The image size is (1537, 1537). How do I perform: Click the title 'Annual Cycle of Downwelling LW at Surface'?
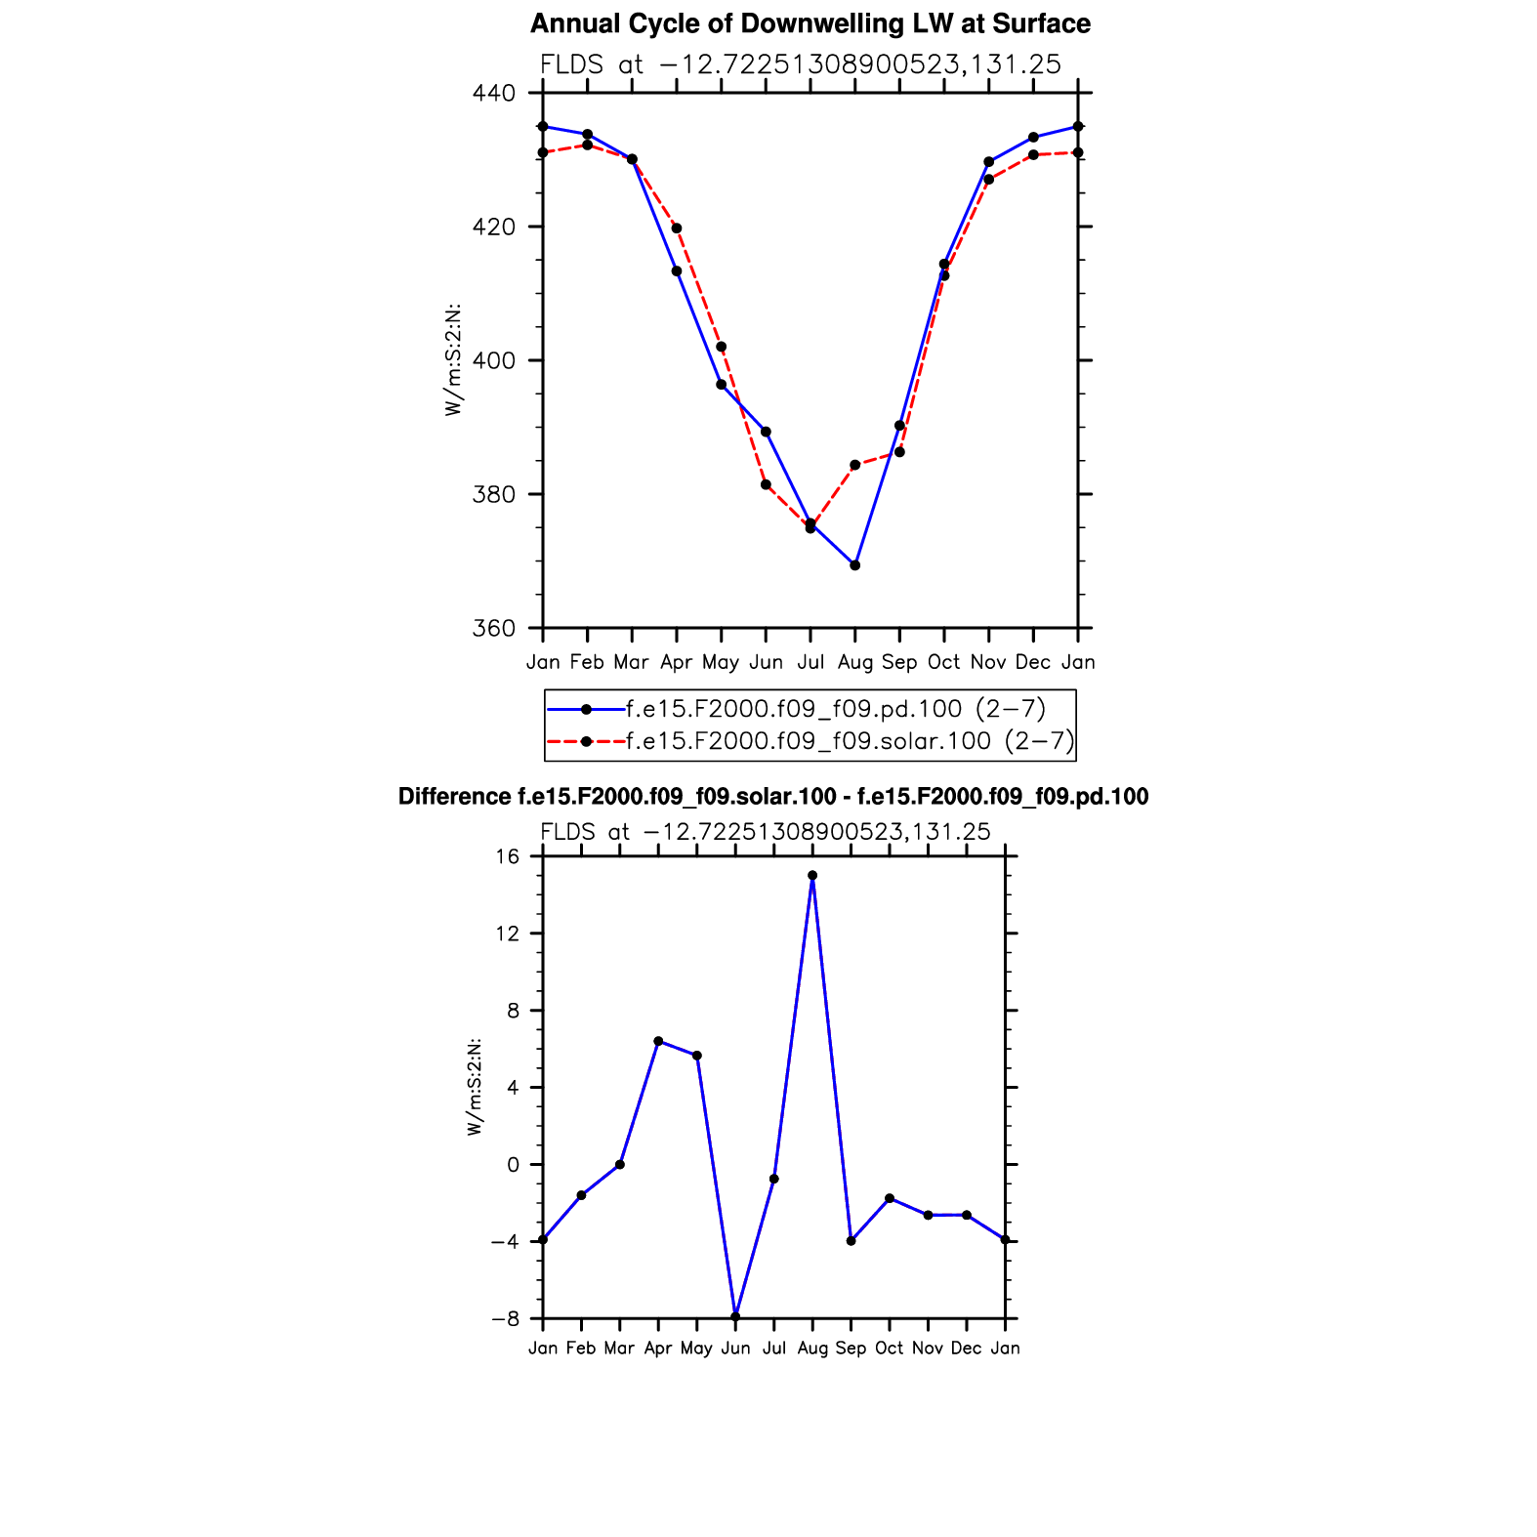[x=810, y=24]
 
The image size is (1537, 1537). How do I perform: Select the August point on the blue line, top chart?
[x=854, y=565]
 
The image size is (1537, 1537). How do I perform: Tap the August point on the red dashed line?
[x=854, y=465]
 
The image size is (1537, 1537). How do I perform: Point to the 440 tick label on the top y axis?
[x=493, y=94]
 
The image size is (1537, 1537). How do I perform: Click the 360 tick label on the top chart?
[x=493, y=629]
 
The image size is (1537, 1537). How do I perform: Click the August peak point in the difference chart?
[x=812, y=876]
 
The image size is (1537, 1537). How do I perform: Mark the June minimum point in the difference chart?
[x=735, y=1316]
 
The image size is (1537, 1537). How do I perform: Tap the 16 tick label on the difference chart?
[x=507, y=856]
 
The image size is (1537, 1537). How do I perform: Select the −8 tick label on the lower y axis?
[x=505, y=1319]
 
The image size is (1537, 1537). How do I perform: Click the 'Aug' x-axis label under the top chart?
[x=854, y=663]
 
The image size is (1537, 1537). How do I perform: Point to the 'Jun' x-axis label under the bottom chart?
[x=735, y=1349]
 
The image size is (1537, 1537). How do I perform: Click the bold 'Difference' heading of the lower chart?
[x=454, y=797]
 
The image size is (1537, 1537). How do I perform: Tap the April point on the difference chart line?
[x=658, y=1041]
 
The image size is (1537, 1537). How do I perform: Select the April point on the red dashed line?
[x=677, y=228]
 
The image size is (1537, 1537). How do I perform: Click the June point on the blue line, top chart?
[x=766, y=432]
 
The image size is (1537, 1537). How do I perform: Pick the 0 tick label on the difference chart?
[x=513, y=1165]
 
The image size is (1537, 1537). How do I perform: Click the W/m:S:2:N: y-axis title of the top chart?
[x=453, y=360]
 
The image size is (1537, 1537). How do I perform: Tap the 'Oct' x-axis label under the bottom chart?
[x=889, y=1349]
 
